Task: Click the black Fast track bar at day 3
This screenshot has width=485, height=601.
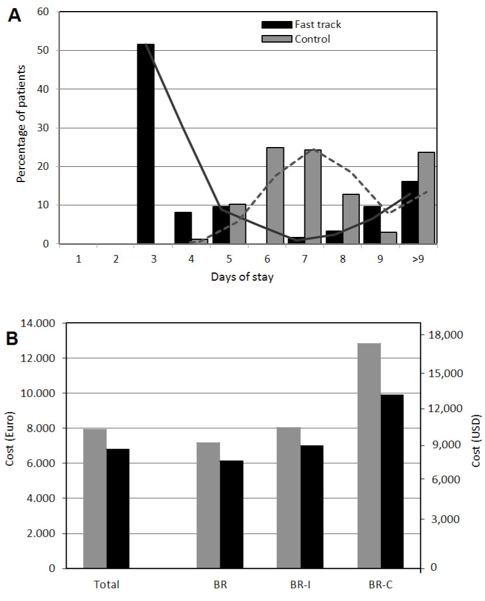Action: (145, 144)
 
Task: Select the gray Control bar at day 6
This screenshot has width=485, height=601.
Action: (275, 195)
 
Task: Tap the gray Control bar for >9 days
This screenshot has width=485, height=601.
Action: (426, 198)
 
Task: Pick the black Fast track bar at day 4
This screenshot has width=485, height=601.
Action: (183, 228)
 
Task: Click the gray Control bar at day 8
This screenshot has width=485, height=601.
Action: (351, 219)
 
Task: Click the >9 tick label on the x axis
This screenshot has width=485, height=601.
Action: (418, 258)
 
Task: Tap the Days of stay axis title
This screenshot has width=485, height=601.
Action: (242, 277)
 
